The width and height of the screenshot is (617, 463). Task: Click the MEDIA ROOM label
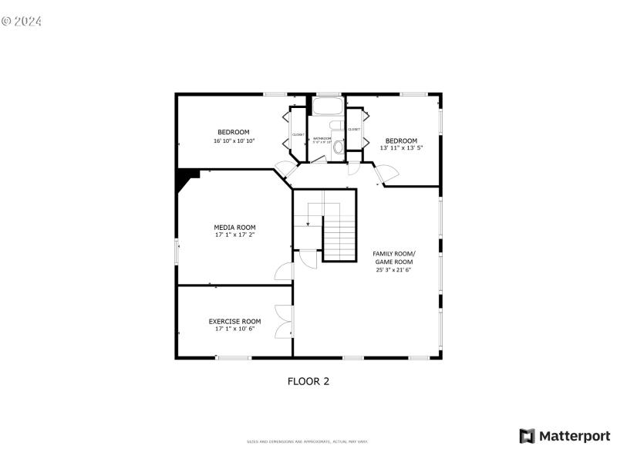click(234, 227)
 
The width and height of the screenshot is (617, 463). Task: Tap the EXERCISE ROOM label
click(234, 321)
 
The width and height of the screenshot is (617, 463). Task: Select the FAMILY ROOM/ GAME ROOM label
click(393, 258)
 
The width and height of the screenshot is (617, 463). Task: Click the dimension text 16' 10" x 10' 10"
click(234, 141)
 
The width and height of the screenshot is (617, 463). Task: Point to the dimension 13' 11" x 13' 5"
click(401, 147)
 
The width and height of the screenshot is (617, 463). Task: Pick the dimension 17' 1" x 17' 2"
click(234, 235)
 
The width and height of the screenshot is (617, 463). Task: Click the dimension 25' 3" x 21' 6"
click(393, 270)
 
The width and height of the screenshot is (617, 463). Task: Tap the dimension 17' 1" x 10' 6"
click(234, 329)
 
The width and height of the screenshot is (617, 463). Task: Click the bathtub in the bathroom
click(328, 106)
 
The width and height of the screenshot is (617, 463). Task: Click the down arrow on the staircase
click(307, 222)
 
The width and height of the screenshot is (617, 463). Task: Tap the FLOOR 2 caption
click(308, 380)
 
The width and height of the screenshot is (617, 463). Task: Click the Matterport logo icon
click(528, 436)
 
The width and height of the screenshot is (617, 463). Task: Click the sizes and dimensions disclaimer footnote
click(307, 441)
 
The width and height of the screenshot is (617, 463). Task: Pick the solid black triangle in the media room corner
click(186, 181)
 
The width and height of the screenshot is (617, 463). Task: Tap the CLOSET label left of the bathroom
click(298, 135)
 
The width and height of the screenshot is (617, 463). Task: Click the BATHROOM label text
click(322, 138)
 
